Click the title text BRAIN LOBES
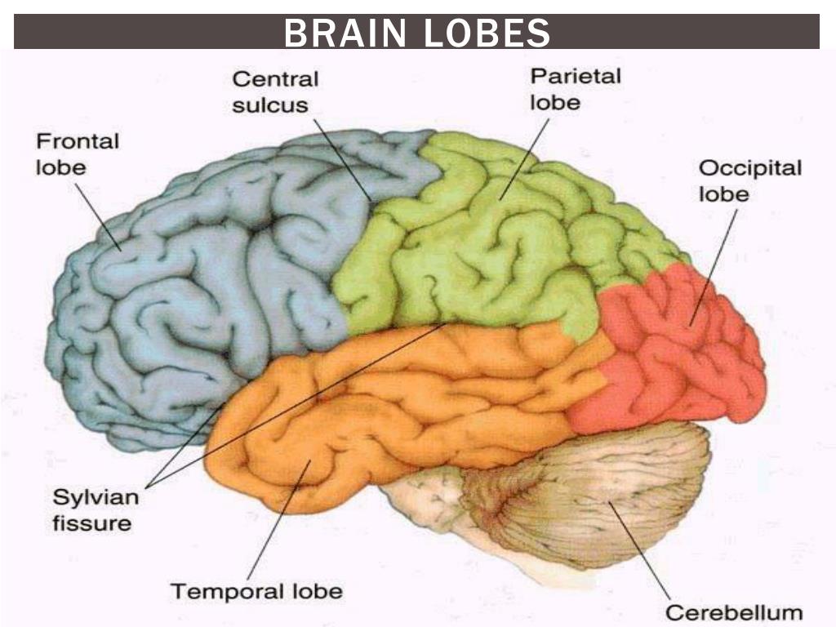point(416,33)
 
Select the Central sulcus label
point(275,91)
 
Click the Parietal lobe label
point(575,89)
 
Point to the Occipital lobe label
point(749,180)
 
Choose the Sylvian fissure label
point(91,509)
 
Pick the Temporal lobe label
point(256,590)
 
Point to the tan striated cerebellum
point(604,498)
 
